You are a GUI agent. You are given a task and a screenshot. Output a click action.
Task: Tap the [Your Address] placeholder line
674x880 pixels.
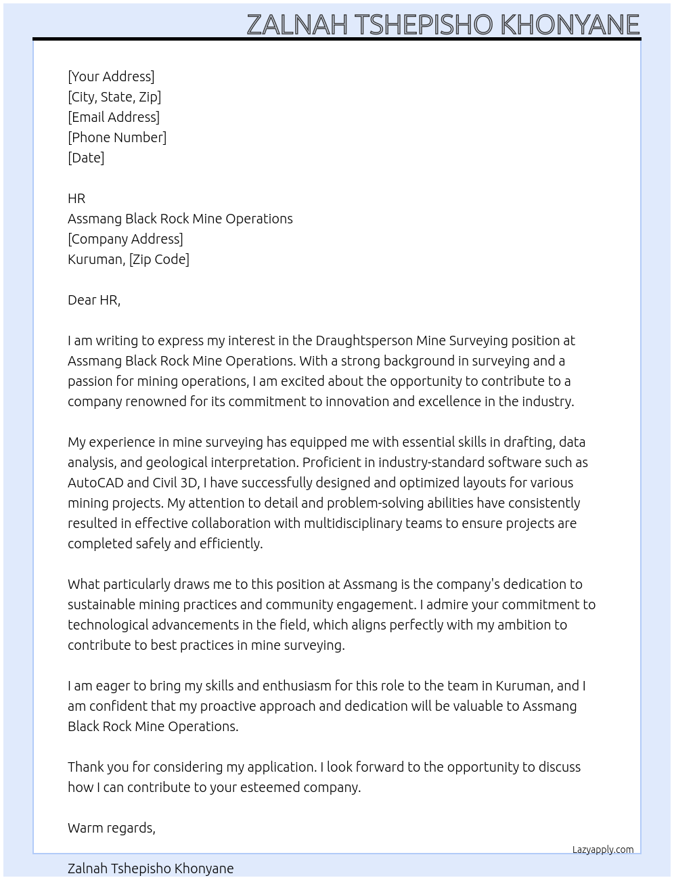[x=111, y=76]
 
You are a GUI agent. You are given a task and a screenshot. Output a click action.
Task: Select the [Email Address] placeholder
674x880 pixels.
[x=114, y=117]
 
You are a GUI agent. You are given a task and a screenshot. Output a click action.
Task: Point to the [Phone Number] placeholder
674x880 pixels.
[x=117, y=137]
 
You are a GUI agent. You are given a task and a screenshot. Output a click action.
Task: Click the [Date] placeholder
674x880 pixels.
[x=86, y=158]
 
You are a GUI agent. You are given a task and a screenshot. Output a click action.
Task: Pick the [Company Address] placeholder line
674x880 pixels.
[x=125, y=239]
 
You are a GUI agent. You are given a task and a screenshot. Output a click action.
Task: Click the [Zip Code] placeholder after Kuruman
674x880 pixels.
[x=159, y=259]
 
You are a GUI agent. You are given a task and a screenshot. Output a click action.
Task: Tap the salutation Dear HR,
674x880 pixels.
[x=94, y=300]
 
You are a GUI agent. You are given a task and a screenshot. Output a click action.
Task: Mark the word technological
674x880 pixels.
[x=108, y=625]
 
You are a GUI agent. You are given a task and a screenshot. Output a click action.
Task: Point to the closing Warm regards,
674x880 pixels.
[x=112, y=828]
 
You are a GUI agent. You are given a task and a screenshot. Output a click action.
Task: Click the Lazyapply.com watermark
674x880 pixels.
[x=603, y=850]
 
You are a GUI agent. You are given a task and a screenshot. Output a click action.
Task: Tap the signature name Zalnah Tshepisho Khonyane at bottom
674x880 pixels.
[x=150, y=868]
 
